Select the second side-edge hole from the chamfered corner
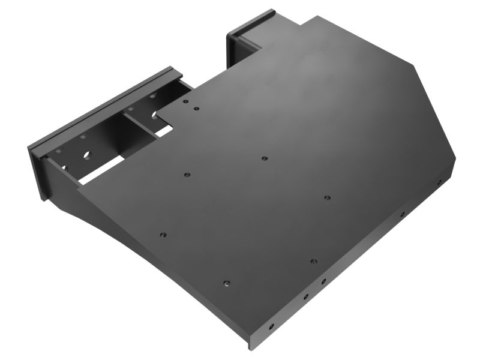(402, 213)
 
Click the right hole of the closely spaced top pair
(196, 109)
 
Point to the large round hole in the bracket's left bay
(86, 155)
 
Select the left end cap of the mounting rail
(37, 171)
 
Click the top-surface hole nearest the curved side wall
(162, 235)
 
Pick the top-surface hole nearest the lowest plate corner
(226, 283)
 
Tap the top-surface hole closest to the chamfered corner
(327, 197)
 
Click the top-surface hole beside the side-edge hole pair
(313, 262)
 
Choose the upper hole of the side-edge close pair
(322, 281)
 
